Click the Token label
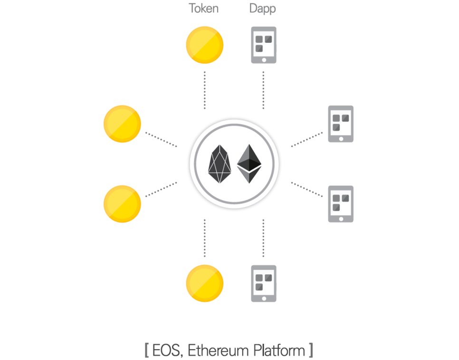204,9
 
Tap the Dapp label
263,9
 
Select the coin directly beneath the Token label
204,45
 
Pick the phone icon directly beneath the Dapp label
263,45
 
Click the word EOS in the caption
167,350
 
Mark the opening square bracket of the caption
146,350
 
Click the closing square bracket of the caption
311,350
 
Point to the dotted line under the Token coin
204,90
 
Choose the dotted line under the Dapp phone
263,90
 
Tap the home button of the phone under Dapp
263,59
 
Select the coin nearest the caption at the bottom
204,283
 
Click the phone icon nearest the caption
263,283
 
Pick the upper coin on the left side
122,124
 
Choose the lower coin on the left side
122,204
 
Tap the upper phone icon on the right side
341,124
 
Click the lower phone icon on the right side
341,204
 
